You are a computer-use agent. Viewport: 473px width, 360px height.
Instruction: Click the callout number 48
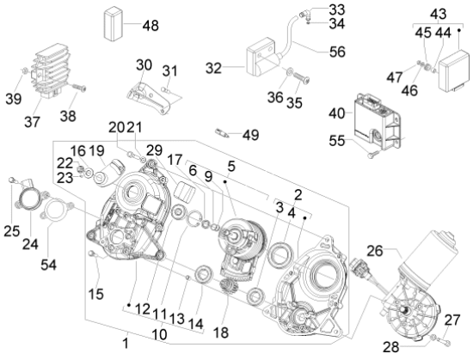point(150,25)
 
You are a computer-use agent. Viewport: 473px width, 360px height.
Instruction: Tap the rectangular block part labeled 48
point(114,24)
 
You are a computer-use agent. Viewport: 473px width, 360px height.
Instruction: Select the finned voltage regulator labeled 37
point(51,70)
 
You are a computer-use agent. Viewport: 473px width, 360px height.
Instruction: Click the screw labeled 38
point(79,88)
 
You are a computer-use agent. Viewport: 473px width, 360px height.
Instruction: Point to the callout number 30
point(144,64)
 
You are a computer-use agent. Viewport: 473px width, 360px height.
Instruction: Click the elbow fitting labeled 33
point(304,14)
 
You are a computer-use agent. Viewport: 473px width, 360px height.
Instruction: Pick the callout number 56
point(337,52)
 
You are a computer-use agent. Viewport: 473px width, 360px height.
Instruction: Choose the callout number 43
point(439,14)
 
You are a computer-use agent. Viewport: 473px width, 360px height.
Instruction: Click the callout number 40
point(336,113)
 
